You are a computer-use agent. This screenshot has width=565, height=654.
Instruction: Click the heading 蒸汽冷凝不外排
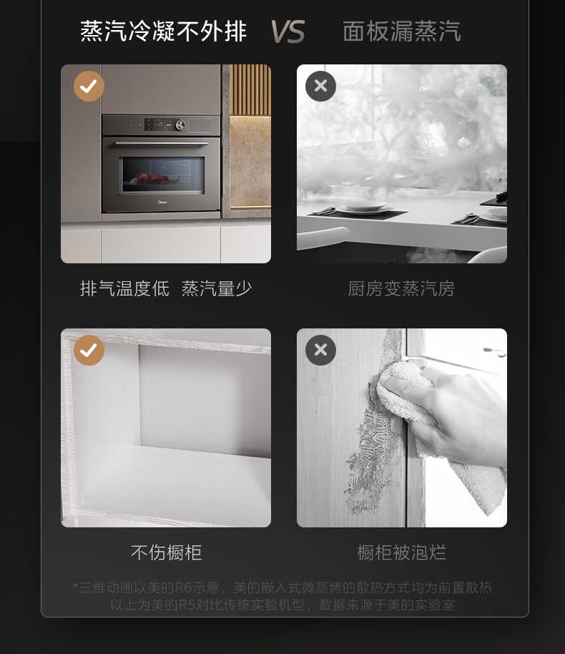point(163,31)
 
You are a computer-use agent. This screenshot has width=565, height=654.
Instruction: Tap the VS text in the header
point(288,32)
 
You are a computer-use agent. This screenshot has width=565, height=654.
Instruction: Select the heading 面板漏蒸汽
point(401,31)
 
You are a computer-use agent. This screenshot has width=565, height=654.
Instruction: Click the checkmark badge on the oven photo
point(89,86)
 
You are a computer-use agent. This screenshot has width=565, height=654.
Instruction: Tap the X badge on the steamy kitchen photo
point(320,86)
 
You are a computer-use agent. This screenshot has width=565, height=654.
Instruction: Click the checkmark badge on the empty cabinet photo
point(89,350)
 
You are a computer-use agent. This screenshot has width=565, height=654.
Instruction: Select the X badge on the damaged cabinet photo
point(320,350)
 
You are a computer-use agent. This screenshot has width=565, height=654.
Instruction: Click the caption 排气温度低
point(124,288)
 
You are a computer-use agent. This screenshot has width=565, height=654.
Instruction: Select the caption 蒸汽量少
point(216,288)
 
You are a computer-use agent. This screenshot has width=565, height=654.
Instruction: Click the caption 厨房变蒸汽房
point(401,288)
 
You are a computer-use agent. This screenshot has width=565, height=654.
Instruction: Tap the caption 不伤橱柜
point(166,552)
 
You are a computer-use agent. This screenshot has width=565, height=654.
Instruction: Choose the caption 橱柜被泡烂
point(401,552)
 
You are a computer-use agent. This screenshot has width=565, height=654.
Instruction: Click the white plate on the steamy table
point(361,208)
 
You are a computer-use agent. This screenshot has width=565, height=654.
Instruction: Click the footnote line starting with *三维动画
point(282,587)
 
